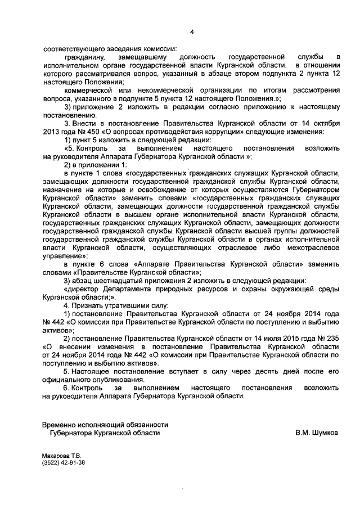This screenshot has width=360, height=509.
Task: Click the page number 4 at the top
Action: click(191, 32)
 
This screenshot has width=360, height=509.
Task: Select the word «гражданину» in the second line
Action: click(85, 57)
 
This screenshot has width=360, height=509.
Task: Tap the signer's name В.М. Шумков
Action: click(316, 433)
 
